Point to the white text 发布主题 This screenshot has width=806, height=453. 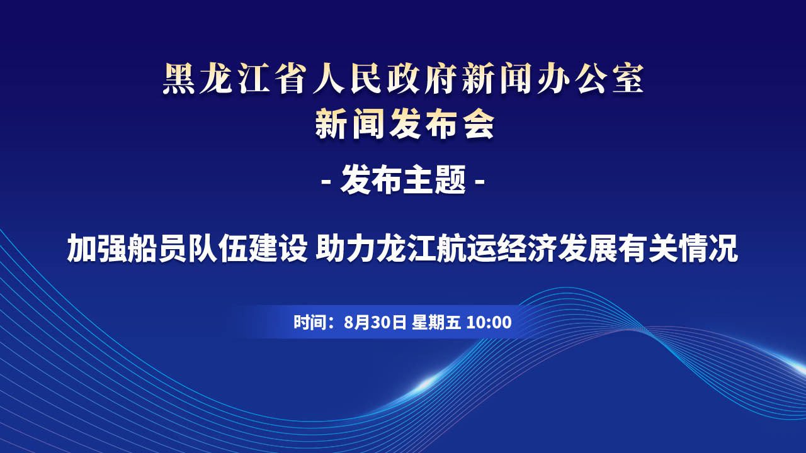pos(403,180)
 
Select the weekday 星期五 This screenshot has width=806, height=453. pos(436,322)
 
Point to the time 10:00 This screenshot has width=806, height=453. pos(489,322)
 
